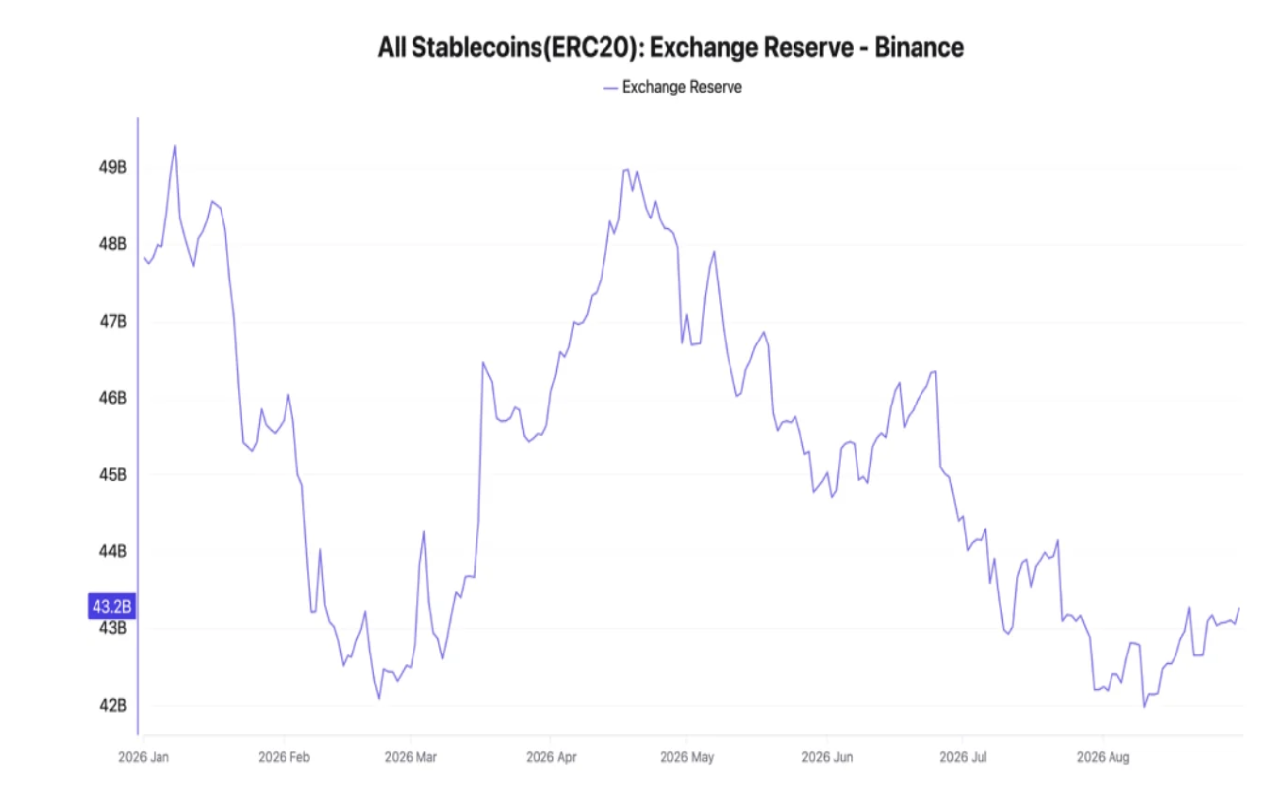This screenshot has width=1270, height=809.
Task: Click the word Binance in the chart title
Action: [919, 47]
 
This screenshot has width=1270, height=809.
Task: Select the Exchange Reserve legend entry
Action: [673, 87]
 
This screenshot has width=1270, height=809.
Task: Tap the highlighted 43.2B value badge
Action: [111, 606]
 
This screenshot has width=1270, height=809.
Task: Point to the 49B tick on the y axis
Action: [113, 168]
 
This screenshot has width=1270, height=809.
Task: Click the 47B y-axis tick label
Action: [113, 322]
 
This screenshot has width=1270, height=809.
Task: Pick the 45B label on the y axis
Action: [113, 475]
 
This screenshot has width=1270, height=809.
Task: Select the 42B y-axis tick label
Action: [113, 706]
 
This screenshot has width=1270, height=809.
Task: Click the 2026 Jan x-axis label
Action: [144, 757]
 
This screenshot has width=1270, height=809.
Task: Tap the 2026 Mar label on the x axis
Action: [411, 757]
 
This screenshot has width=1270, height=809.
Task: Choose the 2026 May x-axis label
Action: [686, 757]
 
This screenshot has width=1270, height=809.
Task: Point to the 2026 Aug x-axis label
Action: [1104, 757]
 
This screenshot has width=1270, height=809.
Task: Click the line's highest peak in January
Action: [175, 146]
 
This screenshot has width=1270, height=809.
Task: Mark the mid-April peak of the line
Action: [627, 169]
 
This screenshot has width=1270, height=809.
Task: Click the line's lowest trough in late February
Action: [379, 699]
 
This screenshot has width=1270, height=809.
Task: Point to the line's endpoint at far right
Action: [1239, 609]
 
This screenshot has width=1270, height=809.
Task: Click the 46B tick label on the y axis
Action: [113, 398]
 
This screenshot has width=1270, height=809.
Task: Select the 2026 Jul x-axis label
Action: [963, 757]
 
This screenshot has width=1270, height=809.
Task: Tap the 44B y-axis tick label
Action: [113, 551]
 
